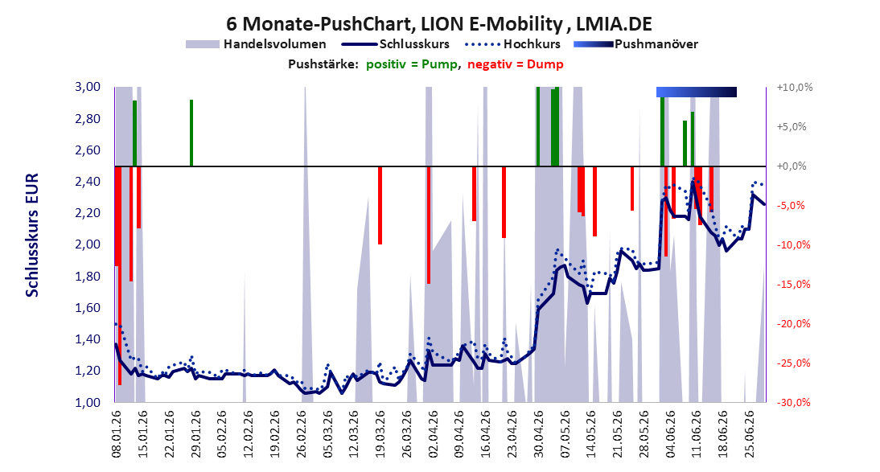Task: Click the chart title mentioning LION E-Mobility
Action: (x=439, y=23)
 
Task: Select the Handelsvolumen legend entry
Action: (x=256, y=43)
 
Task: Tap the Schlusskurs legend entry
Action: (x=396, y=43)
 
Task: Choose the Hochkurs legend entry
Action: (x=513, y=43)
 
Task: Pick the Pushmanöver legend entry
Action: (x=635, y=43)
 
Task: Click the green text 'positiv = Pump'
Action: (x=412, y=64)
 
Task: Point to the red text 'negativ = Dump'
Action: (x=515, y=64)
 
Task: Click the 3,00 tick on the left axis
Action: (x=88, y=87)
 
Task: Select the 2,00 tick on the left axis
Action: (x=88, y=244)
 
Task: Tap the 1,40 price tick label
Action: (x=88, y=339)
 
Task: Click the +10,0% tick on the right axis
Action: (x=795, y=88)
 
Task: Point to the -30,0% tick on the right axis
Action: (x=794, y=402)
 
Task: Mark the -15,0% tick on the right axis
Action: (x=794, y=284)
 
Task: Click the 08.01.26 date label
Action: (x=117, y=434)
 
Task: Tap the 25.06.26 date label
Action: (x=749, y=434)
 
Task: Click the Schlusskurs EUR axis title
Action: (x=32, y=235)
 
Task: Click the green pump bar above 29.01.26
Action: (x=191, y=133)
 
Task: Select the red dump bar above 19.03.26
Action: (x=380, y=205)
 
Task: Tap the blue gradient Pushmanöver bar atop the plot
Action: (x=697, y=92)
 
